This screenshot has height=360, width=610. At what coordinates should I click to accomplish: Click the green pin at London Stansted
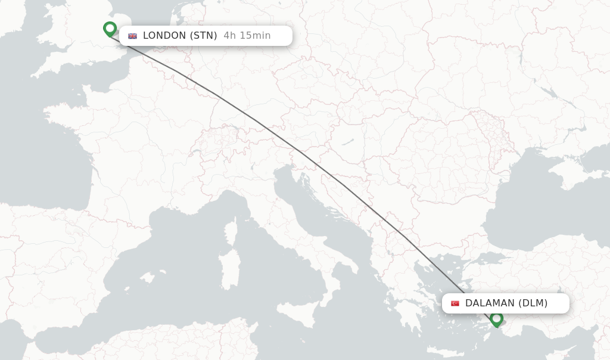click(x=110, y=29)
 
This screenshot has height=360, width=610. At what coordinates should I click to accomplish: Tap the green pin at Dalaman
click(x=496, y=319)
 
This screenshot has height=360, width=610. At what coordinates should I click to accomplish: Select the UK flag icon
click(x=132, y=36)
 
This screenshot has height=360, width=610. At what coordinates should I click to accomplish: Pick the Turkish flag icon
click(x=455, y=303)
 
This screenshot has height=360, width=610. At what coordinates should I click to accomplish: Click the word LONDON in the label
click(x=164, y=36)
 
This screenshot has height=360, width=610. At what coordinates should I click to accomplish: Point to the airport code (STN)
click(x=204, y=36)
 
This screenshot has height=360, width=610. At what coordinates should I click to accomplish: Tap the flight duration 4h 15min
click(x=247, y=36)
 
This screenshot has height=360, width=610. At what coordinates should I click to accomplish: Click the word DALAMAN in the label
click(x=490, y=303)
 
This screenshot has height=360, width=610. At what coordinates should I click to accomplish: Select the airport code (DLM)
click(x=533, y=303)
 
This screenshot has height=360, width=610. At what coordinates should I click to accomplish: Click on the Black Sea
click(x=536, y=203)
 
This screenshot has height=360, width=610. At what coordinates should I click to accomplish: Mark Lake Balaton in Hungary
click(x=348, y=142)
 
